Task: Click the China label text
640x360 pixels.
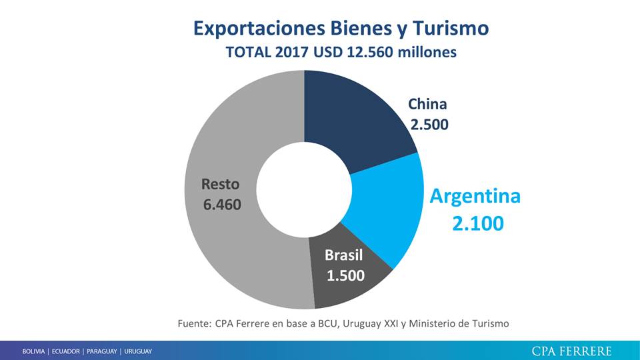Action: [427, 104]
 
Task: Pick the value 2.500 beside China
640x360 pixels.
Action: [428, 124]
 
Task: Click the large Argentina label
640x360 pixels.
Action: [475, 196]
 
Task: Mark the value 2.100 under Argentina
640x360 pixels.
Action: [477, 225]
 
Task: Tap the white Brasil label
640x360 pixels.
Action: [344, 255]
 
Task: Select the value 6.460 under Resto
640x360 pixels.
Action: [222, 204]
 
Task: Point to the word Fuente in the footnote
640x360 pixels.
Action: [194, 323]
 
